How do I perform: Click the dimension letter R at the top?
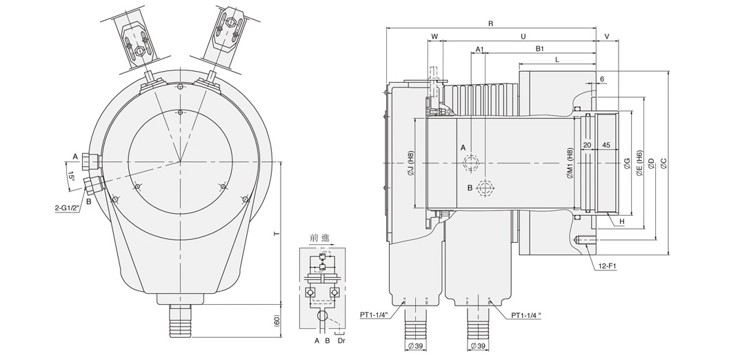(490, 23)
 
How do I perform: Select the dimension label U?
(523, 36)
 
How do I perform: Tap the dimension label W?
(434, 36)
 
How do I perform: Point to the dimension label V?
(607, 36)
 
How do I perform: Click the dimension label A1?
(479, 49)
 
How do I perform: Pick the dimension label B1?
(540, 49)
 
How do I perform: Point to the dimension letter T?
(276, 234)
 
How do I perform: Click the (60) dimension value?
(276, 321)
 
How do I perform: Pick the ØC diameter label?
(663, 162)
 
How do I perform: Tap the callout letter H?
(621, 221)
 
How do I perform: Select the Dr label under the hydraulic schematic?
(343, 341)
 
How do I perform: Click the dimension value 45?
(606, 146)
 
